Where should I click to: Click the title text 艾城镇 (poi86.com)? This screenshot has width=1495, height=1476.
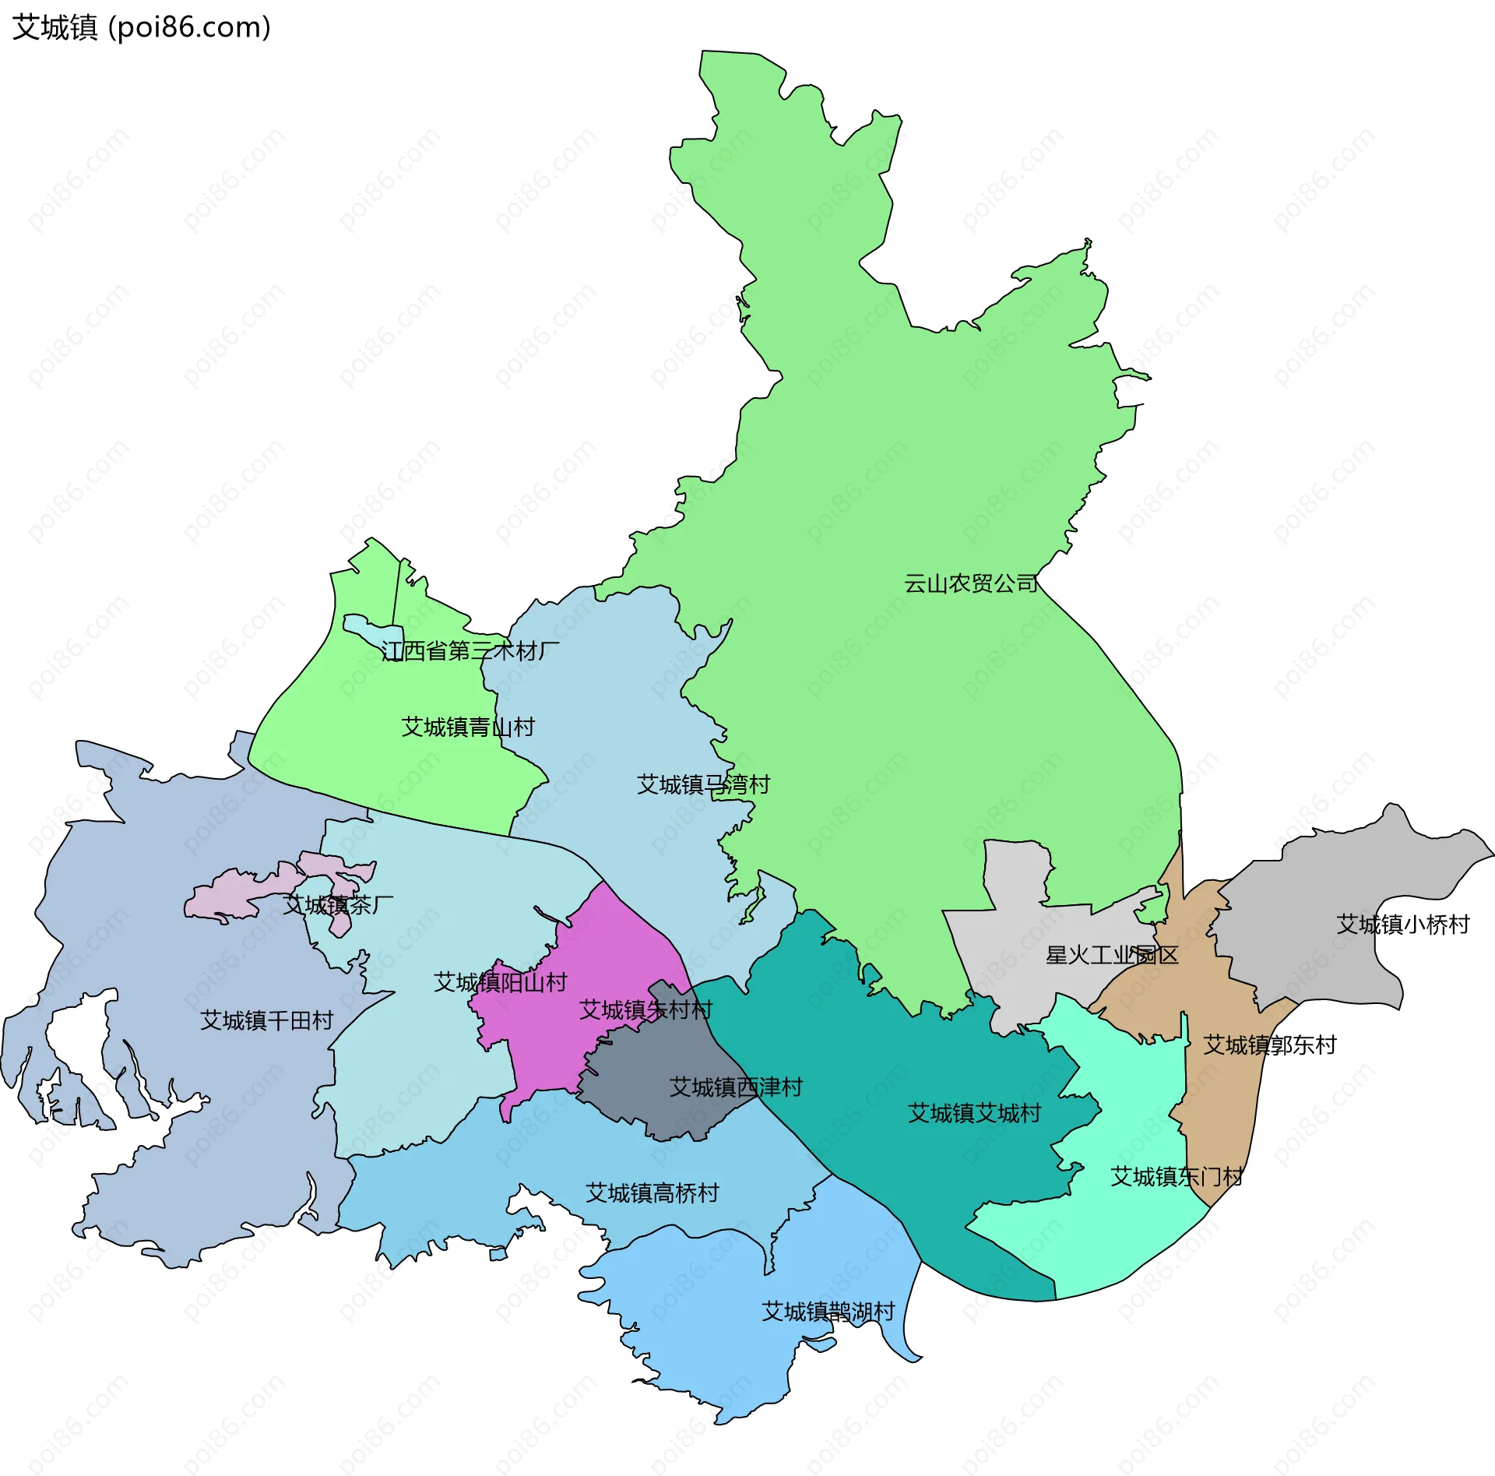pos(142,27)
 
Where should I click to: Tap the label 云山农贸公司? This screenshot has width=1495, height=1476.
pos(970,583)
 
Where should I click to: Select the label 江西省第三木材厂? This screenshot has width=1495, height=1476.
pos(470,650)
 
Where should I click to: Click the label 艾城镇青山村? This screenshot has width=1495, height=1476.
pos(468,727)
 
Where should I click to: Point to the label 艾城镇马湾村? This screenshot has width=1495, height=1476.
pos(703,784)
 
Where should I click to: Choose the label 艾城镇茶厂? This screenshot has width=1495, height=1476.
pos(338,905)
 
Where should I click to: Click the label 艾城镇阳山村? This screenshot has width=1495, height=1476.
pos(500,982)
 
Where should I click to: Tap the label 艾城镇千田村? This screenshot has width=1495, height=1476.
pos(267,1020)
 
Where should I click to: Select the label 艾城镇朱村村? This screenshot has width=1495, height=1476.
pos(645,1010)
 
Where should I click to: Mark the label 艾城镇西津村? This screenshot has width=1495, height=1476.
pos(736,1087)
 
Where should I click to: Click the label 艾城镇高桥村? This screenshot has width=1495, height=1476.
pos(652,1193)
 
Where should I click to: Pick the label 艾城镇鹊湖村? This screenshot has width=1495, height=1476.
pos(828,1312)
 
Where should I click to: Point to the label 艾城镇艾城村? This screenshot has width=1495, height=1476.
pos(974,1113)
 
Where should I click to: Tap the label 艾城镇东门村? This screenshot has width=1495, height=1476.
pos(1177,1176)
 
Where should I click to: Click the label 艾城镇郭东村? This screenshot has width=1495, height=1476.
pos(1270,1045)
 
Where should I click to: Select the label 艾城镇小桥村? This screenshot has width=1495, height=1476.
pos(1403,925)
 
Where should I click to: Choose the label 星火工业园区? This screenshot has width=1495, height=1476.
pos(1112,955)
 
